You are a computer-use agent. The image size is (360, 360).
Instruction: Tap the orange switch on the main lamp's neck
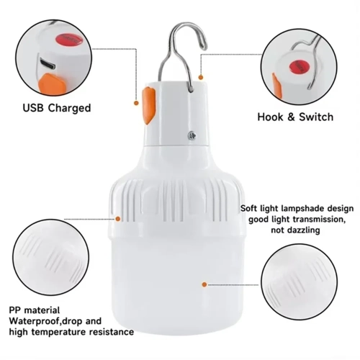click(149, 106)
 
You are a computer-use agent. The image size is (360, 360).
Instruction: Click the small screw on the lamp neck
click(192, 135)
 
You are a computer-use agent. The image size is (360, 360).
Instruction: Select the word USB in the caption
click(33, 108)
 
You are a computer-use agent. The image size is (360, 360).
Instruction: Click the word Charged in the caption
click(70, 108)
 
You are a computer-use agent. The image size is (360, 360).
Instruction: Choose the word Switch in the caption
click(316, 117)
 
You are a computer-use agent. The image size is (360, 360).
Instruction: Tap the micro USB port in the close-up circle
click(48, 63)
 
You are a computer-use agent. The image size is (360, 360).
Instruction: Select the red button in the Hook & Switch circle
click(299, 67)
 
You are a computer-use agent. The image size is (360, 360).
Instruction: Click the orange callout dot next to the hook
click(201, 77)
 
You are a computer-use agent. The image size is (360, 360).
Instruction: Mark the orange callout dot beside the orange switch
click(136, 103)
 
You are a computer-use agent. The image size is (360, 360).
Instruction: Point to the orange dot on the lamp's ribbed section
click(118, 219)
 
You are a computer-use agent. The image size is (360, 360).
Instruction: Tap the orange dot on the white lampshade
click(204, 284)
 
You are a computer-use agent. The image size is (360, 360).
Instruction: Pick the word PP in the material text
click(15, 310)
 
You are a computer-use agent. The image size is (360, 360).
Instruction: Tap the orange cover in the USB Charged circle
click(53, 84)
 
